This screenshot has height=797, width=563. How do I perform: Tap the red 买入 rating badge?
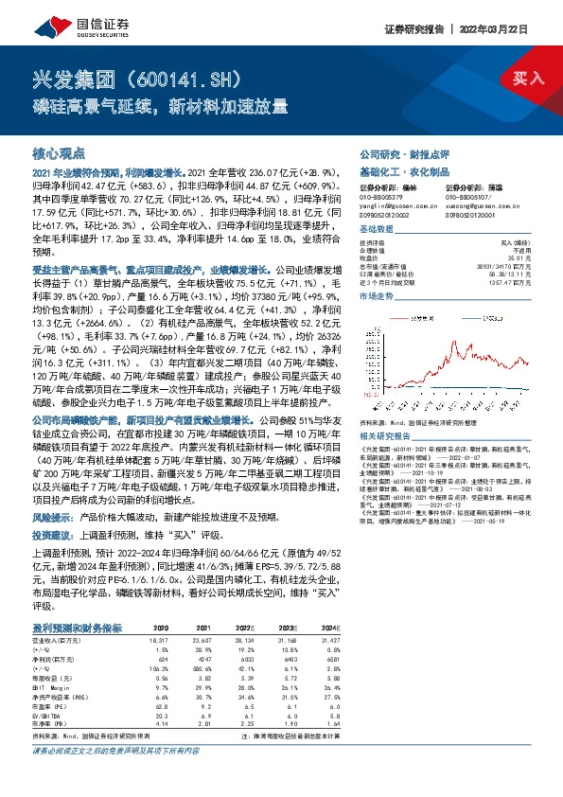(x=520, y=79)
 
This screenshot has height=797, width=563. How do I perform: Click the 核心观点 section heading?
(x=59, y=152)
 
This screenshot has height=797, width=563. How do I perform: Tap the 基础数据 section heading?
(x=378, y=231)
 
